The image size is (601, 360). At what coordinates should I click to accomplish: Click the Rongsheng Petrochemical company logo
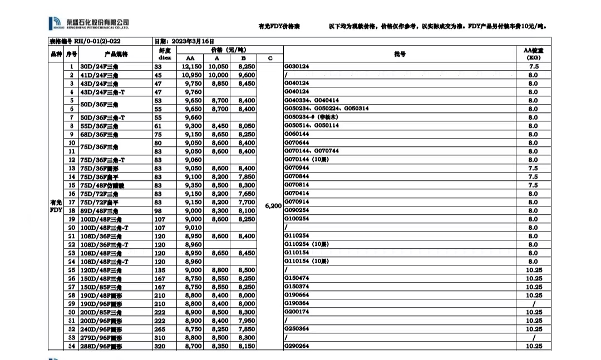(x=89, y=23)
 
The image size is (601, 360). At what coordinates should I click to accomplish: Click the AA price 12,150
(x=191, y=67)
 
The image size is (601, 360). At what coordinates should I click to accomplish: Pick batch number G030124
(x=297, y=67)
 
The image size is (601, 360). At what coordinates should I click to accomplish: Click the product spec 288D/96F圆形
(x=101, y=347)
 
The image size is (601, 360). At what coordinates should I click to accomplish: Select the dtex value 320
(x=158, y=346)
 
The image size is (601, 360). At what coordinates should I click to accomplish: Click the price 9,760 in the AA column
(x=191, y=92)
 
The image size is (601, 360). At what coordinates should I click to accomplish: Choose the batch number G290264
(x=297, y=346)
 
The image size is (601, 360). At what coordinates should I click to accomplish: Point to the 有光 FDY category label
(x=56, y=206)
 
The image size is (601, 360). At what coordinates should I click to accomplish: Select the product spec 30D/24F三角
(x=100, y=67)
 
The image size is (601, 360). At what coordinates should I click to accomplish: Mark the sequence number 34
(x=71, y=347)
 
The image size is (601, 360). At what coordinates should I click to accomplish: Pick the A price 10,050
(x=218, y=67)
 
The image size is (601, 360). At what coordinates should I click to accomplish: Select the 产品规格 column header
(x=116, y=54)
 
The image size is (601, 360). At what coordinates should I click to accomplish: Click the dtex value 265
(x=158, y=329)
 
